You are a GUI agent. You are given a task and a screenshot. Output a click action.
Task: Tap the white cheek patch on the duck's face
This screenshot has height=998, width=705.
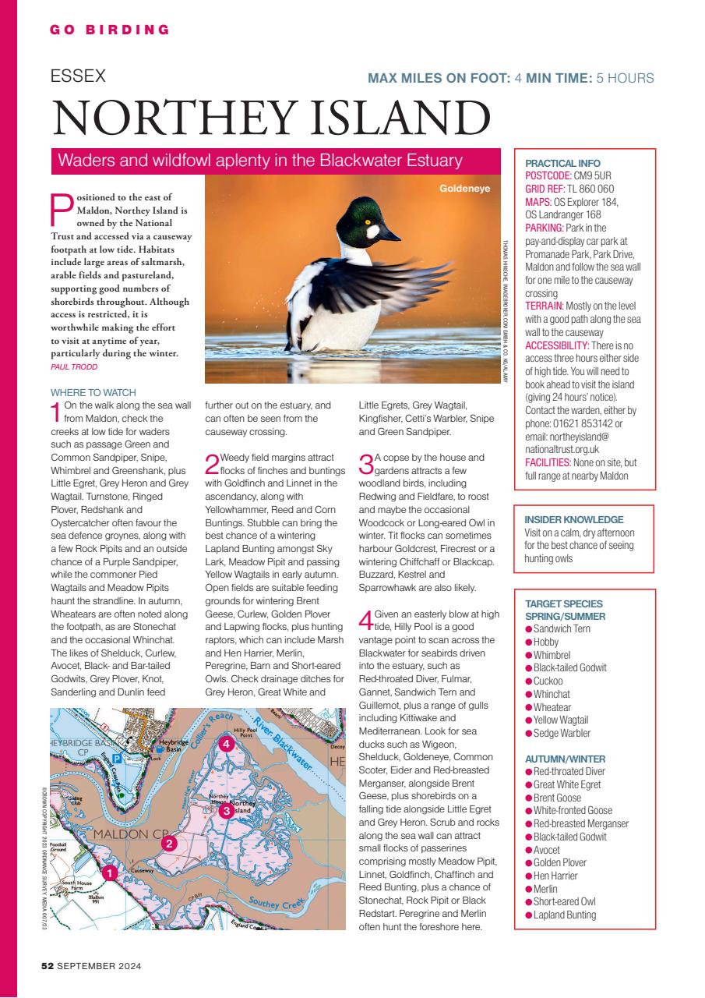point(374,231)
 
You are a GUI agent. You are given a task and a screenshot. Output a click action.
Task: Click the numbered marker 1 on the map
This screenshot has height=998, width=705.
point(111,873)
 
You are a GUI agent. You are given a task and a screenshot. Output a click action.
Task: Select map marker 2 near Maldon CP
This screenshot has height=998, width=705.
point(169,842)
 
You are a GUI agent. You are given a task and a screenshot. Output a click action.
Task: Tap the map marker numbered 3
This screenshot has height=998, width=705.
point(226,811)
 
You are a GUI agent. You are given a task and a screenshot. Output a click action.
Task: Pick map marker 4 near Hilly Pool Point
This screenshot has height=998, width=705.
point(226,745)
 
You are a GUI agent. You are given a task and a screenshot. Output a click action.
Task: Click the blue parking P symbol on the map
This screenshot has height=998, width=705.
point(116,757)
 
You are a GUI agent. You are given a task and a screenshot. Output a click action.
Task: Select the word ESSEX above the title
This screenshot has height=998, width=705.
point(78,76)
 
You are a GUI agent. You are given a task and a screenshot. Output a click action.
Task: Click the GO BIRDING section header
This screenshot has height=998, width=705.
point(110,30)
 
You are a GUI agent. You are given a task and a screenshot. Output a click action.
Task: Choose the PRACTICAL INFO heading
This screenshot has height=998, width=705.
point(563,163)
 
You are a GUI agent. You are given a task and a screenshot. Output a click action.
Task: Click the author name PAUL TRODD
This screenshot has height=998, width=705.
point(74,366)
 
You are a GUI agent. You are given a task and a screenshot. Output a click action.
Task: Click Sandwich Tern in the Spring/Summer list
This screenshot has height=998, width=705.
point(562,628)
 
